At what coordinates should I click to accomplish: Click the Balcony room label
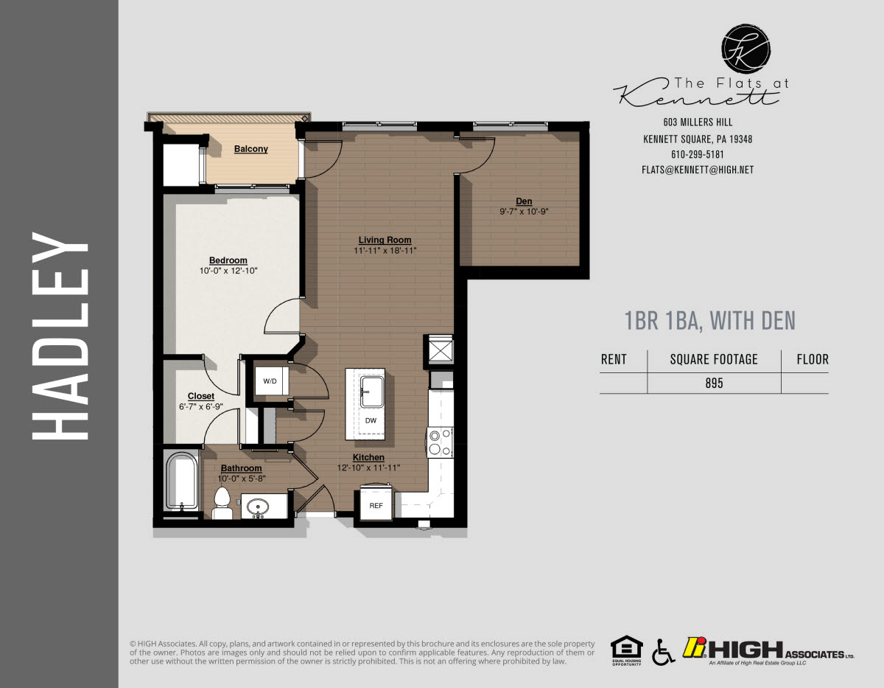(x=250, y=149)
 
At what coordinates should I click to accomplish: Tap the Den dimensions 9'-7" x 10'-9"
(x=524, y=212)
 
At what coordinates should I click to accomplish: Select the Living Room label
(x=385, y=240)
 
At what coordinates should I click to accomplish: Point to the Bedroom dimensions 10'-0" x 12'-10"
(x=228, y=271)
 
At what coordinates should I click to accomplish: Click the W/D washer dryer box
(x=270, y=381)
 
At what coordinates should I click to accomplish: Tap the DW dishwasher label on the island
(x=371, y=420)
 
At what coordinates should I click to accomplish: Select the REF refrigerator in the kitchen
(x=376, y=506)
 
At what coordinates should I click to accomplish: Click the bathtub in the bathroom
(x=181, y=482)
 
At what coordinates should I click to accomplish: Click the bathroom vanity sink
(x=258, y=507)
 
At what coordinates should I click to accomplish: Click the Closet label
(x=200, y=396)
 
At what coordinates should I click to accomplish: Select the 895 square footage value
(x=713, y=383)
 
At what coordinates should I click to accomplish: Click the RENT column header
(x=614, y=360)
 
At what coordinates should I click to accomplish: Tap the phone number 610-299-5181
(x=697, y=155)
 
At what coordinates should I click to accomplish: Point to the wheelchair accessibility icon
(x=662, y=651)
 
